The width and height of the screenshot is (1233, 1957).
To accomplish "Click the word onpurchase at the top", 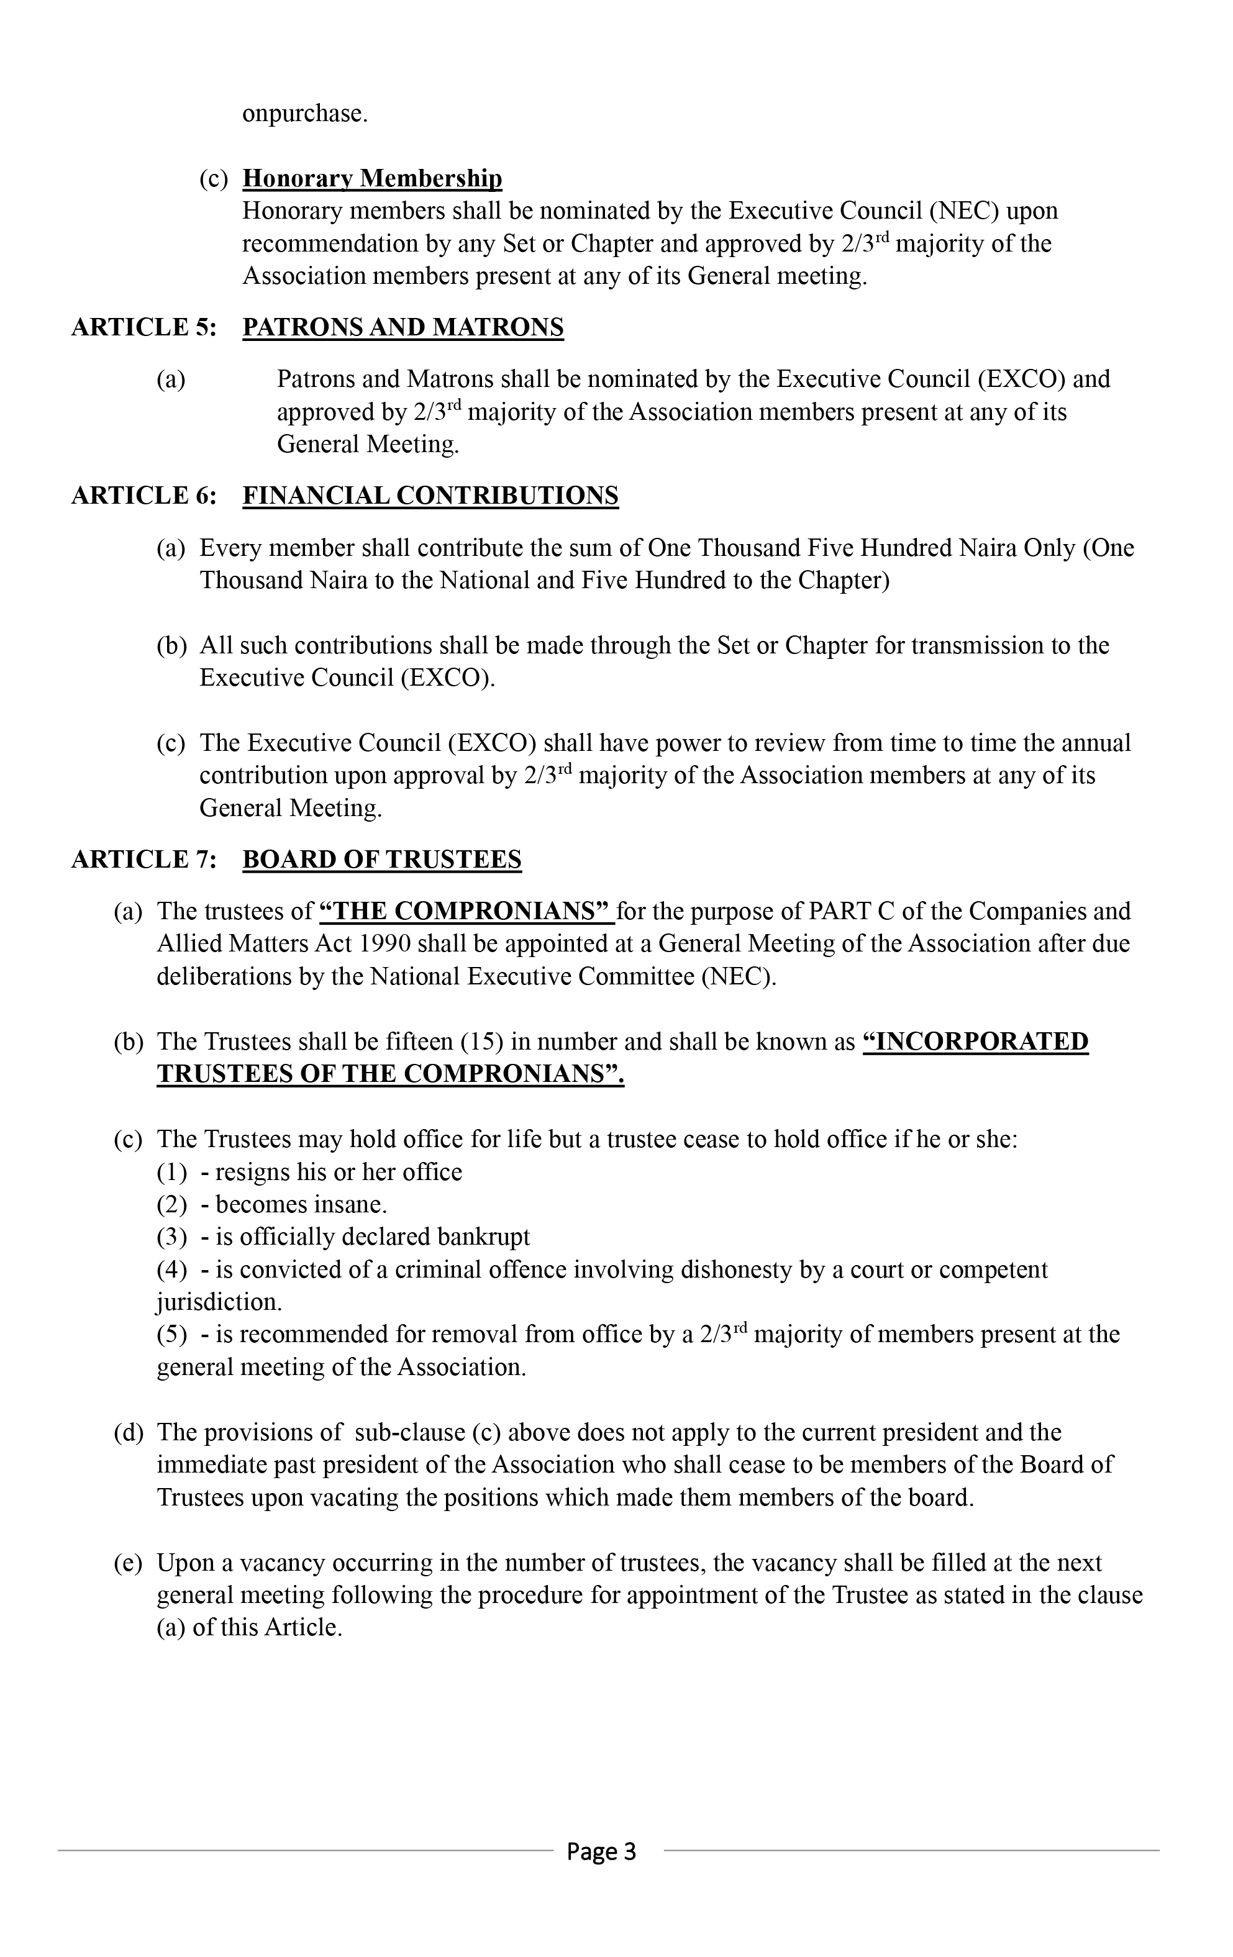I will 305,114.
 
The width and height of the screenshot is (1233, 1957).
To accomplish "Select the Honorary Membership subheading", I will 372,178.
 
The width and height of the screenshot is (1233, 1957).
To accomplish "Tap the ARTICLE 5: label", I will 144,327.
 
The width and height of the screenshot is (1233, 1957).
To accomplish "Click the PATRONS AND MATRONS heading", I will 403,327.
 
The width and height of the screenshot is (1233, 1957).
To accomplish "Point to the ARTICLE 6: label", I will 144,495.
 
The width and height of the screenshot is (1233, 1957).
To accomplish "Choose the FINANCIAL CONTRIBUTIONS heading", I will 431,495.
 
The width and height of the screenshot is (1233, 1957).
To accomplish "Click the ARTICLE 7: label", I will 144,859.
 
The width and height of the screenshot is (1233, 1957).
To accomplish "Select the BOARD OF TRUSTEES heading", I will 382,859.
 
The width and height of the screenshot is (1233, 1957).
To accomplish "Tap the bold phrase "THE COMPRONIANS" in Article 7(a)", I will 466,911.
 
